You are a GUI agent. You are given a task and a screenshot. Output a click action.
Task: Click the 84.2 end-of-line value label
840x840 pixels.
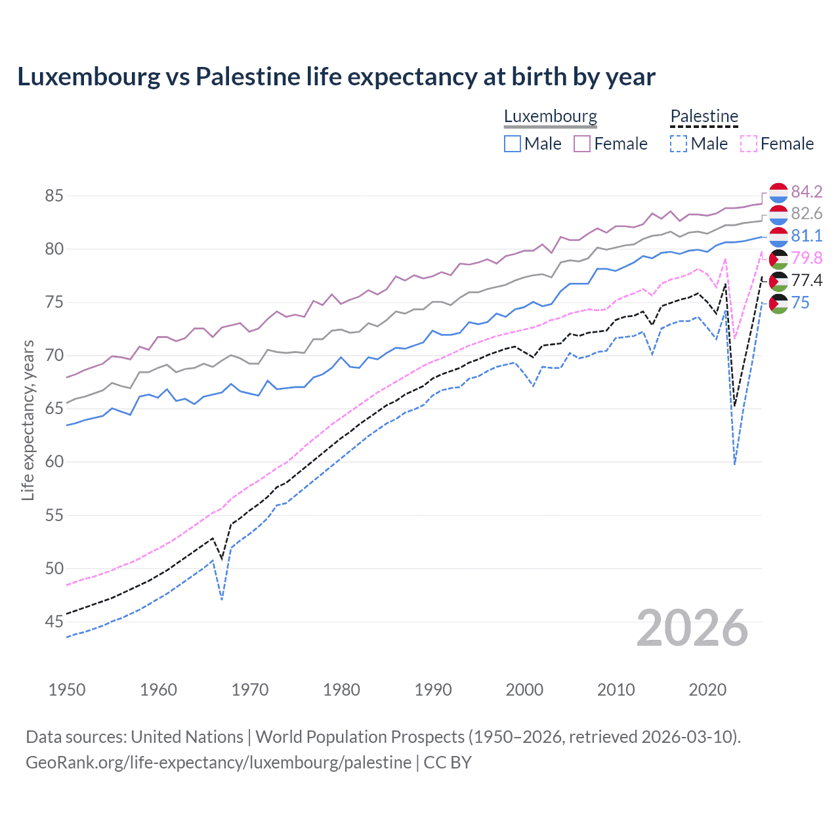coord(806,192)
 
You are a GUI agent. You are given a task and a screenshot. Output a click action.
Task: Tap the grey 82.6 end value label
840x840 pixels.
coord(806,214)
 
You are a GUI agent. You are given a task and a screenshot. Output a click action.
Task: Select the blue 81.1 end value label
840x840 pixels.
coord(806,236)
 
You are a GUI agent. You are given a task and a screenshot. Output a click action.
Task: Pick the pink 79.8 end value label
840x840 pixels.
coord(806,259)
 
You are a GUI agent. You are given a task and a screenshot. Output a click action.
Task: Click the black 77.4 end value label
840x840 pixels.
coord(806,281)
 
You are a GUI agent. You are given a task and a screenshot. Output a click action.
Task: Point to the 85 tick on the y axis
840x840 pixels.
coord(54,196)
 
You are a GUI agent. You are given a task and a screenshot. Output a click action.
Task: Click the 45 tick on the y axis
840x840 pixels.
coord(54,621)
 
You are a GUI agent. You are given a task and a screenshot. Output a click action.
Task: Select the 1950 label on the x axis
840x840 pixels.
coord(67,690)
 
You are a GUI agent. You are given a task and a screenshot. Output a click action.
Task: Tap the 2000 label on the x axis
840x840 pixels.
coord(524,690)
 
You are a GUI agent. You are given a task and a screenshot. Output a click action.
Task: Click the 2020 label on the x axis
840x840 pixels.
coord(707,690)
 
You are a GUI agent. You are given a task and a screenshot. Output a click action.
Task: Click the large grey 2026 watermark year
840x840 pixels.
coord(692,629)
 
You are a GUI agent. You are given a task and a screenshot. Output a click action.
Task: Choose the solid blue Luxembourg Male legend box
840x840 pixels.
coord(513,144)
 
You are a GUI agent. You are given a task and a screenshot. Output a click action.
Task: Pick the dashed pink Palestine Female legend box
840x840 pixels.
coord(749,144)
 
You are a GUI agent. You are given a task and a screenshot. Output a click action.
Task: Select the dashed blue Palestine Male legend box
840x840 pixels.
coord(679,144)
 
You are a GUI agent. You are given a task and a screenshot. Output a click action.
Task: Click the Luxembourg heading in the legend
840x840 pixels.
coord(550,117)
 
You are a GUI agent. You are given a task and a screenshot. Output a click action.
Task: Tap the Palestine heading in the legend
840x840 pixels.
coord(704,117)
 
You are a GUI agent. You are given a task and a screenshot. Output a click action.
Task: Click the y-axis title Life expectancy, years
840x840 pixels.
coord(28,420)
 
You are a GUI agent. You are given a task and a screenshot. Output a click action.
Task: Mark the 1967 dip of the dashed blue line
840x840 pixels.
coord(222,599)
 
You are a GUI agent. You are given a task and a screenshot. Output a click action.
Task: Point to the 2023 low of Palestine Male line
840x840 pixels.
coord(734,464)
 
